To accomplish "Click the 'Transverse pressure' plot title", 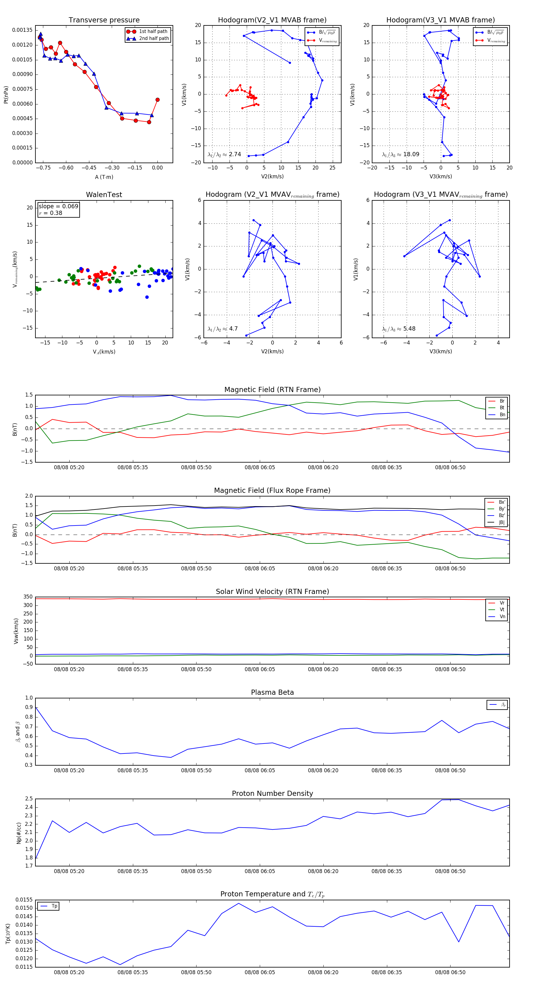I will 104,20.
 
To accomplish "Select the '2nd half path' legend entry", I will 154,38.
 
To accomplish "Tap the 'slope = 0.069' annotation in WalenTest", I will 58,206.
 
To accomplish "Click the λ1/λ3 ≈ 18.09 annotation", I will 401,154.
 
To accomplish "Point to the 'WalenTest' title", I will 104,195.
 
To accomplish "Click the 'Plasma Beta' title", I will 272,692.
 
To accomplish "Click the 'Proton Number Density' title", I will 272,793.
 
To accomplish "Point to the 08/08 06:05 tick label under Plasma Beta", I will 259,770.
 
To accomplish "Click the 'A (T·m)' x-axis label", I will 104,177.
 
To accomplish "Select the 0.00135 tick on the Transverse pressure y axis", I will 22,30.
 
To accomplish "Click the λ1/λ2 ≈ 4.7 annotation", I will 223,329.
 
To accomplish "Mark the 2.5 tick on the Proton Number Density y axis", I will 29,799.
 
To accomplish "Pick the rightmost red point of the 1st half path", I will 157,100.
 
